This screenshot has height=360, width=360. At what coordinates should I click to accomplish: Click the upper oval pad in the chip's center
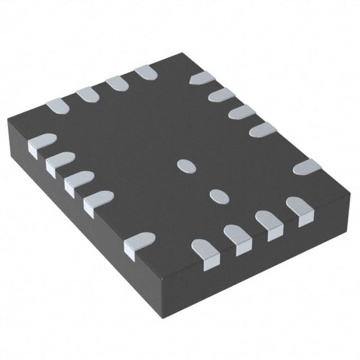(x=184, y=163)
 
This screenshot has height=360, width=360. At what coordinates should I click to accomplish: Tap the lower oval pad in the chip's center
(x=217, y=195)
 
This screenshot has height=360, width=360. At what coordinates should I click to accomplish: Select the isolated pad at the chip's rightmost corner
(x=307, y=166)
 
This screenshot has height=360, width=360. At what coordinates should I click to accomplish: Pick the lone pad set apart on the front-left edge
(x=140, y=242)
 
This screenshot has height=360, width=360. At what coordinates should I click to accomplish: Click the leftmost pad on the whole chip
(x=41, y=144)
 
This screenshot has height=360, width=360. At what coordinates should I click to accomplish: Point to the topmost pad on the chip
(x=146, y=72)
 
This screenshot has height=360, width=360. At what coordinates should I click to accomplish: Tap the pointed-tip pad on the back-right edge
(x=202, y=78)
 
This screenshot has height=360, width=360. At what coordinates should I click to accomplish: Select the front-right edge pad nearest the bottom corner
(x=205, y=253)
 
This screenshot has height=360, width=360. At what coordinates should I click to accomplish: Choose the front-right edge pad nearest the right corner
(x=299, y=209)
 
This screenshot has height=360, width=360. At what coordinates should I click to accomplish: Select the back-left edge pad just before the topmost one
(x=118, y=82)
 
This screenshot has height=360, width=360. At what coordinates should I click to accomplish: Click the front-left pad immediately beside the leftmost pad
(x=59, y=163)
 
